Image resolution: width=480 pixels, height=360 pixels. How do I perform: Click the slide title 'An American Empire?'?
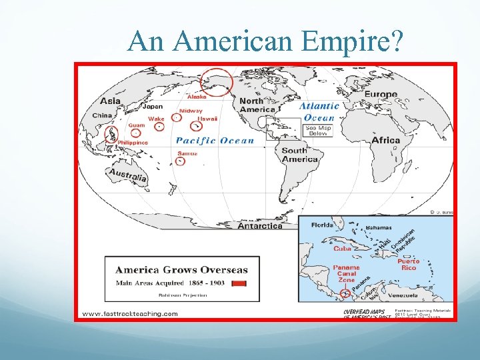click(x=266, y=41)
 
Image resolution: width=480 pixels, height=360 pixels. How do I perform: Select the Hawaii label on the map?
click(x=207, y=118)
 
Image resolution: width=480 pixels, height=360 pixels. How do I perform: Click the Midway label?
click(x=191, y=111)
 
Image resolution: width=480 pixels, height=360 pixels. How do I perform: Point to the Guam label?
click(x=137, y=125)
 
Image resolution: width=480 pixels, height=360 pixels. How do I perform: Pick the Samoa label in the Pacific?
click(x=187, y=153)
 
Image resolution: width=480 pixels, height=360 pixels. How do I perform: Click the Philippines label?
click(x=132, y=143)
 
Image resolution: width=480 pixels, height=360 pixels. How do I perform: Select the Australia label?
click(x=127, y=175)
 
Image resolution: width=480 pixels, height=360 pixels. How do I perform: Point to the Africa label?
click(x=385, y=140)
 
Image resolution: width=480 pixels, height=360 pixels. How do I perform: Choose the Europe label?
click(x=380, y=95)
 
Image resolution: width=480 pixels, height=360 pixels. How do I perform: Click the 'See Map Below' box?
click(x=318, y=131)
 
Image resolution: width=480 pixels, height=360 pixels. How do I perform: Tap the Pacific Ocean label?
click(x=215, y=141)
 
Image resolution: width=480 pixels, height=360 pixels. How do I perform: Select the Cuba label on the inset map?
click(x=342, y=249)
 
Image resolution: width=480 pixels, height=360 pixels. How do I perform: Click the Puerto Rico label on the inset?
click(x=408, y=265)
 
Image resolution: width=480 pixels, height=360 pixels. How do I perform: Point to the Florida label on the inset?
click(x=321, y=225)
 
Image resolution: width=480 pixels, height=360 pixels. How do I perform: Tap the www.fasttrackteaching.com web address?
click(x=129, y=313)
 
